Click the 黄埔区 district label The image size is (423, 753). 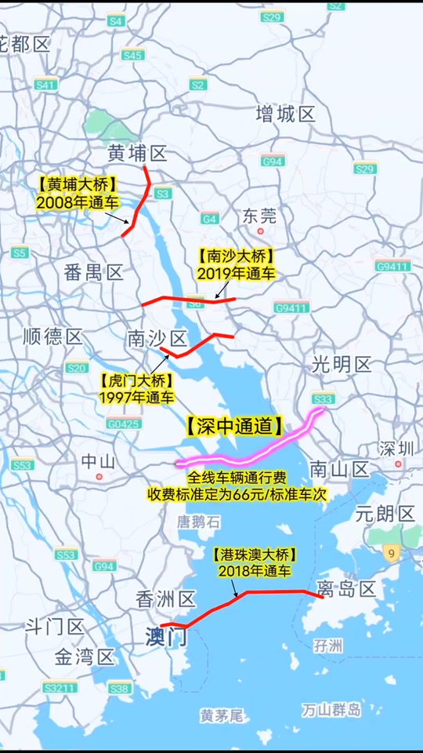pos(138,153)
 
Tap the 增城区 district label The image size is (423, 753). pos(285,115)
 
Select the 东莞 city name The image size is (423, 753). pos(259,215)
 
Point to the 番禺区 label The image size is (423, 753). pos(94,272)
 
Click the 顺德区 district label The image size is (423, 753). pos(52,337)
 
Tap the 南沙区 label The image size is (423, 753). pos(157,339)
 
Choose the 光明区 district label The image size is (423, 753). pos(341,364)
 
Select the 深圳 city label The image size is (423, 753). pos(396,449)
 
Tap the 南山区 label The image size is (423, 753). pos(339,470)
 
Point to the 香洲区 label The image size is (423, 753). pos(165,600)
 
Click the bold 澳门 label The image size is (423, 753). pos(166,637)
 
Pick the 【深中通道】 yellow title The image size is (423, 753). pos(234,426)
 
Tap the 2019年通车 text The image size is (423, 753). pos(236,274)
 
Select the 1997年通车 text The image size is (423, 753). pos(136,398)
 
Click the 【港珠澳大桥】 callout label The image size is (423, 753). pos(255,555)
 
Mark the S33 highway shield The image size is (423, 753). pos(323,398)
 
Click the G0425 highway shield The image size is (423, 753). pos(124,424)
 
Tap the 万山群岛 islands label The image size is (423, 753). pos(331,710)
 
